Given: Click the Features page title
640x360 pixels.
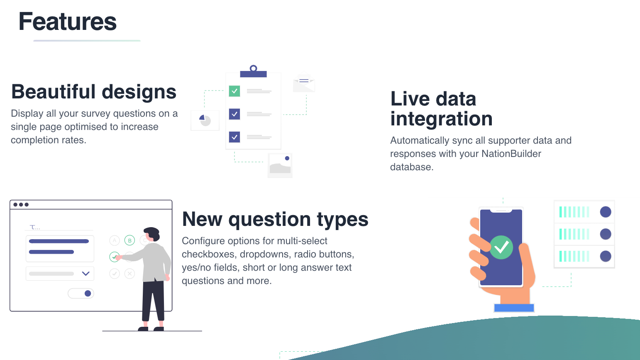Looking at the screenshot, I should click(68, 22).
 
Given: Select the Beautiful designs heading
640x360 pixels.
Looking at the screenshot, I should click(94, 92).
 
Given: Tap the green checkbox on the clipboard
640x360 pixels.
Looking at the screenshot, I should click(235, 91).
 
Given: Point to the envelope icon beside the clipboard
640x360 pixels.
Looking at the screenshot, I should click(304, 83).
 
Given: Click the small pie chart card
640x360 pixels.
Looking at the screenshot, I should click(205, 120).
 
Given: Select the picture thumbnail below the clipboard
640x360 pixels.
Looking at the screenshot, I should click(280, 165).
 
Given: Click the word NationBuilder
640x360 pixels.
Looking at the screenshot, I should click(511, 154).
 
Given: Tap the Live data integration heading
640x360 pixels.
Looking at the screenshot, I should click(441, 109).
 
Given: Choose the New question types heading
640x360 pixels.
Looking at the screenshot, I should click(275, 219).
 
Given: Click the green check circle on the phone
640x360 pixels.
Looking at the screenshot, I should click(501, 247).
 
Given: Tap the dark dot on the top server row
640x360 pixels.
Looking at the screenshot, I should click(606, 212).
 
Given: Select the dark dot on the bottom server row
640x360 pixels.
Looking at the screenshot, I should click(606, 256).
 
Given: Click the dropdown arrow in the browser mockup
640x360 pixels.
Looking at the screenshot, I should click(86, 274).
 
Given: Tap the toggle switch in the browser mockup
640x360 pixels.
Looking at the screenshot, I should click(81, 294).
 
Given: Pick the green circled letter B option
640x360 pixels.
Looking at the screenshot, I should click(129, 240).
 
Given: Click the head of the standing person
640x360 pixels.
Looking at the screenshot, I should click(152, 234).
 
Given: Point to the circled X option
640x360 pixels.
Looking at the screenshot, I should click(129, 274).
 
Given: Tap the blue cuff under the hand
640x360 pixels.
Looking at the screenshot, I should click(514, 308).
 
